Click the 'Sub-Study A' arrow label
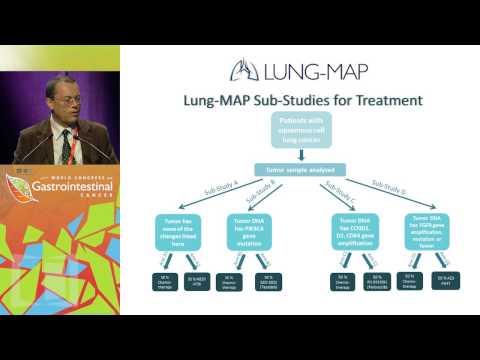tap(200, 193)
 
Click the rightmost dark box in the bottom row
tap(446, 281)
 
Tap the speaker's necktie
tap(67, 146)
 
